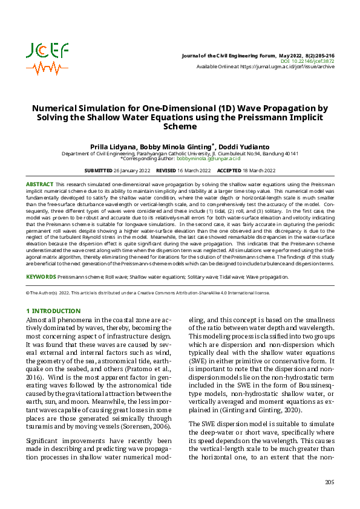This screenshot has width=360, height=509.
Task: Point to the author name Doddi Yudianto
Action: (244, 147)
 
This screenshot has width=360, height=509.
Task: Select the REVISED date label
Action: (166, 171)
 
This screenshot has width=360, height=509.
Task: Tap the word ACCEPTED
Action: (229, 171)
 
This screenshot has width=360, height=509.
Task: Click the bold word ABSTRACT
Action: (39, 183)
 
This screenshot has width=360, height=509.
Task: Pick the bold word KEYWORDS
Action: (41, 277)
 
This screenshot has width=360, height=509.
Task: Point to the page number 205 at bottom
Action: (329, 482)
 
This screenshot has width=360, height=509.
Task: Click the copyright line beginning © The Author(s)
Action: (147, 293)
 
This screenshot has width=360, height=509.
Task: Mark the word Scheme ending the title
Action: (180, 127)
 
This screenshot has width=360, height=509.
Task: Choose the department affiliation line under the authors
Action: (180, 153)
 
